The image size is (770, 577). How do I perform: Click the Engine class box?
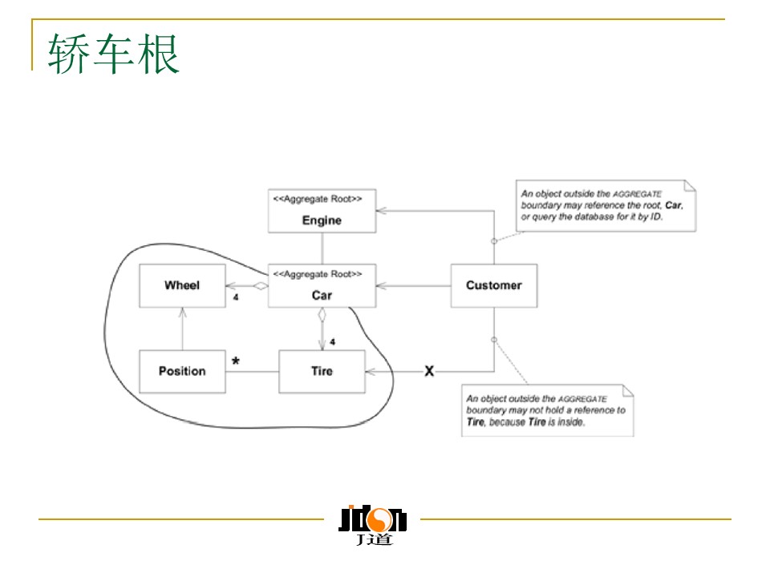(x=322, y=211)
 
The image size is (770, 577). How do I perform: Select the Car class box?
(x=322, y=286)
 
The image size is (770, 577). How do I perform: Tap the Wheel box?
(x=182, y=285)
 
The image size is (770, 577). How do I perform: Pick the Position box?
(x=182, y=371)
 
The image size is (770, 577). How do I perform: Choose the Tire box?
(x=322, y=371)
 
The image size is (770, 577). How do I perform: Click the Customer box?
(x=493, y=285)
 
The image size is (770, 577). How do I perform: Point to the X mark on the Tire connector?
(x=429, y=371)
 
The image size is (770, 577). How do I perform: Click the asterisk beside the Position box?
(x=236, y=361)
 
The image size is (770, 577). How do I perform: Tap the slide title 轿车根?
(x=114, y=54)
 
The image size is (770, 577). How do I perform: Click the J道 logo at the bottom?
(x=372, y=525)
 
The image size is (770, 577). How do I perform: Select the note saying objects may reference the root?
(x=606, y=206)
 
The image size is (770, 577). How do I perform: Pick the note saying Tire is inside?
(x=548, y=410)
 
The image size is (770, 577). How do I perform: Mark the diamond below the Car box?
(x=322, y=315)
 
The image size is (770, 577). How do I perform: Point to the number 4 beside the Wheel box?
(x=236, y=297)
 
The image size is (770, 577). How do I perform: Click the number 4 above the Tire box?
(x=332, y=342)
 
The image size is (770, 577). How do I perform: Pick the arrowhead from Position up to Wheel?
(x=182, y=311)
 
